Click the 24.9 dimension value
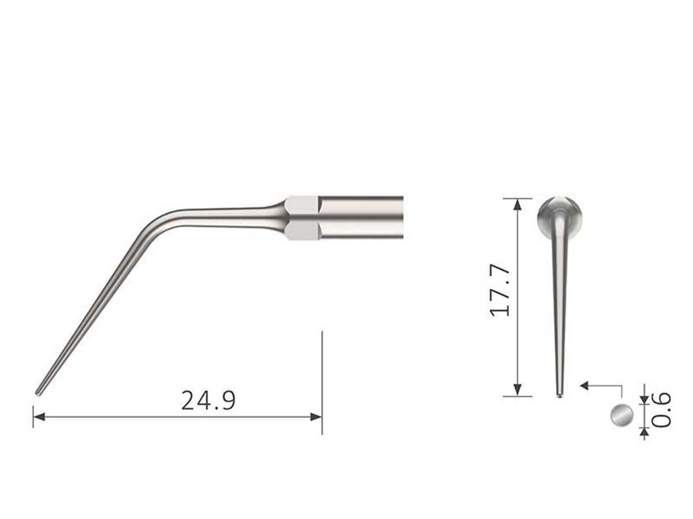coord(208,400)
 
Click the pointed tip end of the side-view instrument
coord(38,393)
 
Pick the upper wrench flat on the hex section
coord(302,204)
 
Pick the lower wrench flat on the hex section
coord(302,231)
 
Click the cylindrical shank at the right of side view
coord(362,217)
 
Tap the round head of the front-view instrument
coord(560,215)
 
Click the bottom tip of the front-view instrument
coord(559,395)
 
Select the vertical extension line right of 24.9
coord(322,375)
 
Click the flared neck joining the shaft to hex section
coord(275,215)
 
